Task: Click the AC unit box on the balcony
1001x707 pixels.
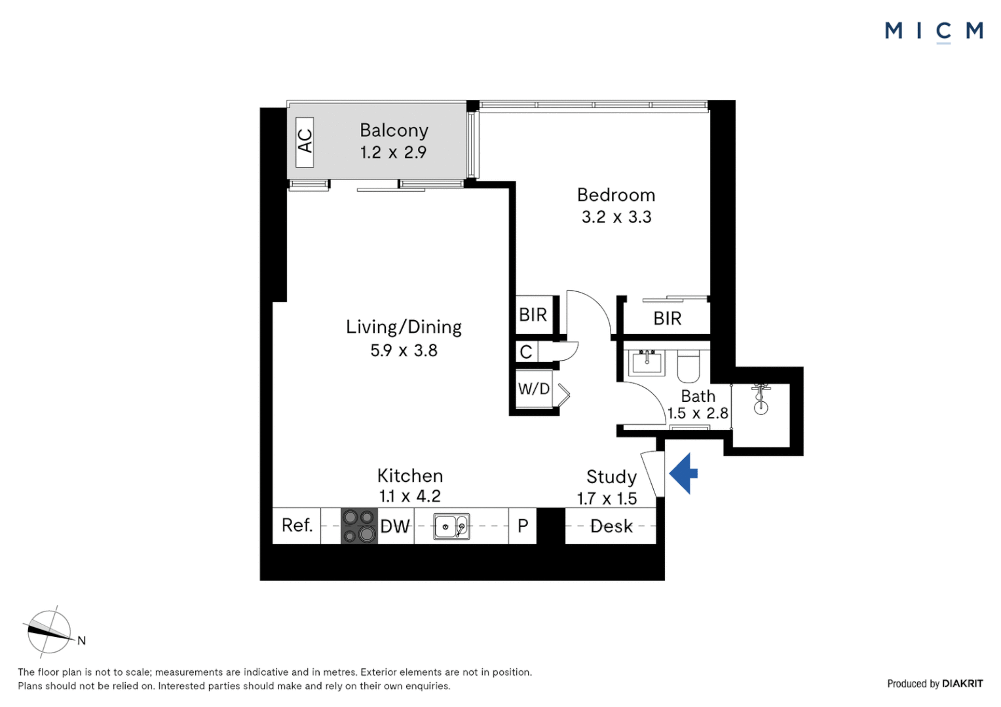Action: pos(305,141)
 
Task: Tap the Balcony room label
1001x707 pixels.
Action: pos(394,130)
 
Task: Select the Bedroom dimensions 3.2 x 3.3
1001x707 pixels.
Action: pos(616,217)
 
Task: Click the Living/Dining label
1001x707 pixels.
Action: pos(404,327)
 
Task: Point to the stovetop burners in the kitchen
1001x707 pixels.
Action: pos(360,526)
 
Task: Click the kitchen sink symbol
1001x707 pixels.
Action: pos(451,526)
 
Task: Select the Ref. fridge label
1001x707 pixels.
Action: pos(297,525)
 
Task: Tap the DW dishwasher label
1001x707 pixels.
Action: pos(395,526)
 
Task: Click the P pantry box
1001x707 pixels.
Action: pos(523,526)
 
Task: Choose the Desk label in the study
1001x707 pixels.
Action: pos(611,526)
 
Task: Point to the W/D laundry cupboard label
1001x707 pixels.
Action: pos(534,389)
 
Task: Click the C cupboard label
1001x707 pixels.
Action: pos(526,352)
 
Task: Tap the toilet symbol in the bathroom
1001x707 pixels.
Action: pos(689,367)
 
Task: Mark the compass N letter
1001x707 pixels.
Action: pos(81,641)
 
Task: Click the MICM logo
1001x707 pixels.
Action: pos(934,31)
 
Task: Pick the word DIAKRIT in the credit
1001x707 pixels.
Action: pos(962,683)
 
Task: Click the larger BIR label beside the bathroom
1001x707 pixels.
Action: pos(668,319)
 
